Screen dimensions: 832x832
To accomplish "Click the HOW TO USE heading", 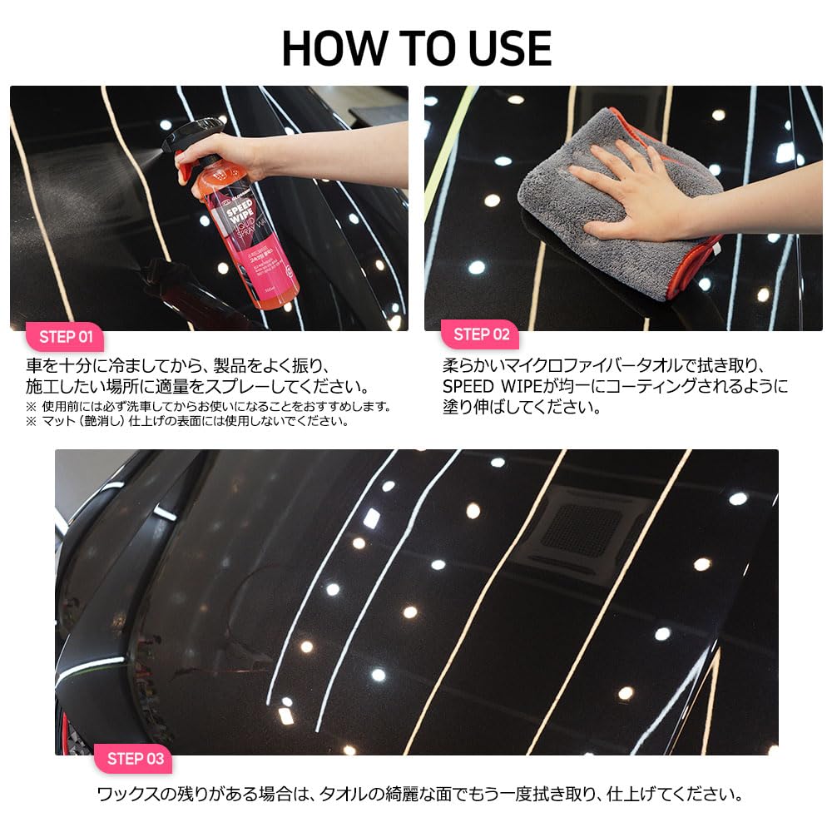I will click(416, 48).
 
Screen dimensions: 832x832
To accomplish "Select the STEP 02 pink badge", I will click(481, 334).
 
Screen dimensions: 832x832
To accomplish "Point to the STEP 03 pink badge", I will click(136, 758).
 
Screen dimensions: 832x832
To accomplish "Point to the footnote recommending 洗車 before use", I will click(208, 406).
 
